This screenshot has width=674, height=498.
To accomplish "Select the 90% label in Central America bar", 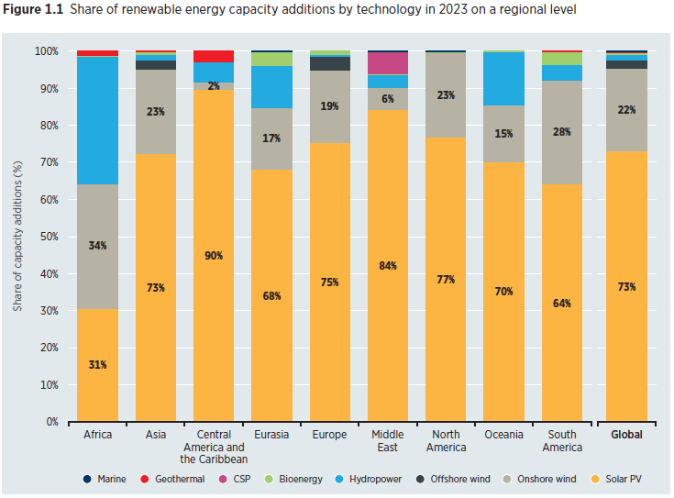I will pos(214,255).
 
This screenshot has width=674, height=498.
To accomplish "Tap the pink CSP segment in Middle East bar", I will pos(388,63).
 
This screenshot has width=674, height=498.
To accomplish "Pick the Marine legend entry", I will pos(103,479).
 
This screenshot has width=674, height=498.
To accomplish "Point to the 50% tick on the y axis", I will pos(48,237).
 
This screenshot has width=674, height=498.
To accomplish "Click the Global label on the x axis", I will pos(627,435).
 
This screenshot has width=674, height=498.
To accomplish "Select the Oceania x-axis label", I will pos(504,435).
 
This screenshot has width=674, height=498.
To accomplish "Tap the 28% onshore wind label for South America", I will pos(562,132).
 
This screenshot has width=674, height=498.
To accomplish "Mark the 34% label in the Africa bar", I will pos(97,246).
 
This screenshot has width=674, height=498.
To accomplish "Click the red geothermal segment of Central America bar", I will pos(214,56).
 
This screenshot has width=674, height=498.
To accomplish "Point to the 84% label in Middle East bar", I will pos(388,266).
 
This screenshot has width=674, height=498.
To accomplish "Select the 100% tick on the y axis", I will pos(45,51).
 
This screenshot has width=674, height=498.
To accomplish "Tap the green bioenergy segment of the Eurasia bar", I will pos(271,59).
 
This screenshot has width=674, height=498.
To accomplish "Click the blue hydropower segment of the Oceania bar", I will pos(504,79).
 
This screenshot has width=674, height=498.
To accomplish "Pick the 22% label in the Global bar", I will pos(627,110).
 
